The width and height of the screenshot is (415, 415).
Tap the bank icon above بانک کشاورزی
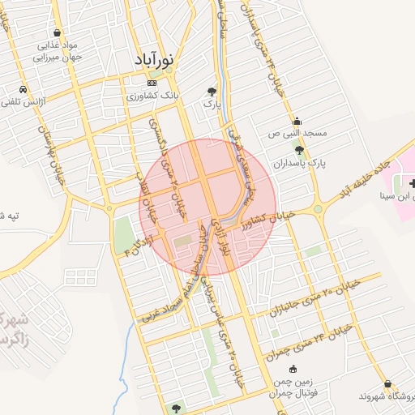(152, 83)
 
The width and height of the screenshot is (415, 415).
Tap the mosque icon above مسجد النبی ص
(298, 121)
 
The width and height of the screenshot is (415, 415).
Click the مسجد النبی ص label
(298, 133)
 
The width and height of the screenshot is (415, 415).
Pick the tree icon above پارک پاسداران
(300, 150)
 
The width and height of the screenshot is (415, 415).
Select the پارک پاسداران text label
(300, 162)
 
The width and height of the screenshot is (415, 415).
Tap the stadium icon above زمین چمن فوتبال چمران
(293, 370)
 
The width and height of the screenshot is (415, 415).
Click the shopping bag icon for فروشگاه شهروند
(389, 383)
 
